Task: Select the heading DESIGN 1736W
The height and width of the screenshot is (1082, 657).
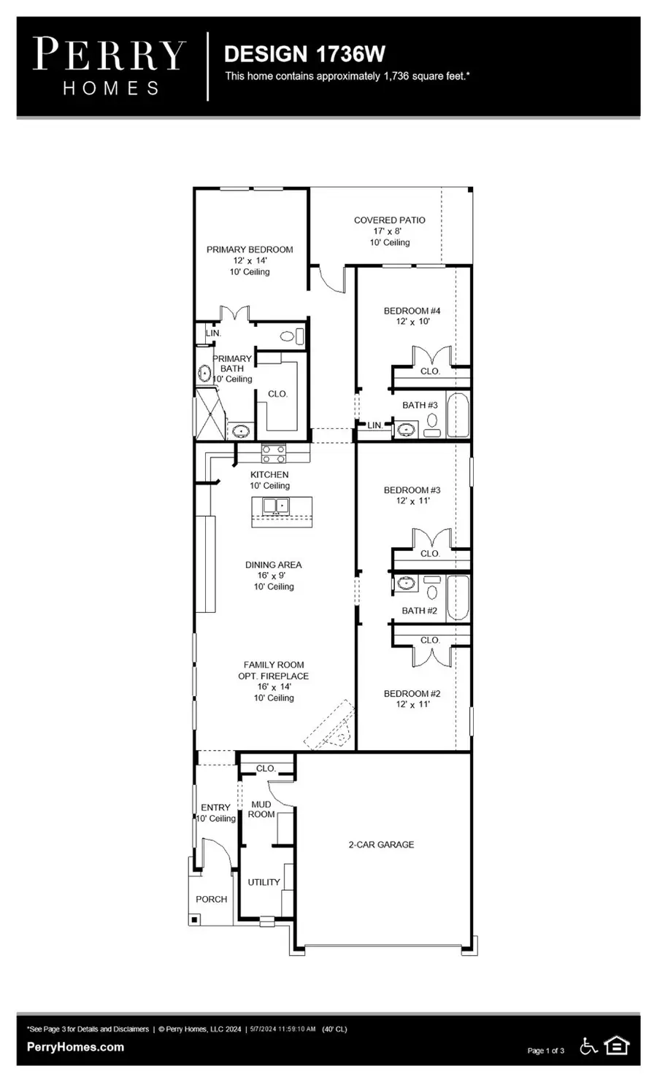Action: click(304, 54)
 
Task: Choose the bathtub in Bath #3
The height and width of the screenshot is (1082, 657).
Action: click(458, 415)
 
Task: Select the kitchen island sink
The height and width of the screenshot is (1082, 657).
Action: click(275, 505)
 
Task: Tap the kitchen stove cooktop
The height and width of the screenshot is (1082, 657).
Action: click(274, 454)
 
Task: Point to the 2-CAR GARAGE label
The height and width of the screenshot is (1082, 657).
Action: click(380, 844)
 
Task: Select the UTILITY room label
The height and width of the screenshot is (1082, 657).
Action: click(264, 882)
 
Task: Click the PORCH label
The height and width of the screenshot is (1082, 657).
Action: click(211, 899)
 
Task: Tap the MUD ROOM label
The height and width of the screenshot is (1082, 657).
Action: click(261, 809)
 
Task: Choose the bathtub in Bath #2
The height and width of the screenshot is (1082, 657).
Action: click(458, 597)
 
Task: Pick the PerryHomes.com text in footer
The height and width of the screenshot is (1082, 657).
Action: click(75, 1047)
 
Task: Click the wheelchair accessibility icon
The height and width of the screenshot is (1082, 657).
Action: click(588, 1046)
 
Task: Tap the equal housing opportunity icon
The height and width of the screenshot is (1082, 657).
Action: click(618, 1046)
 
